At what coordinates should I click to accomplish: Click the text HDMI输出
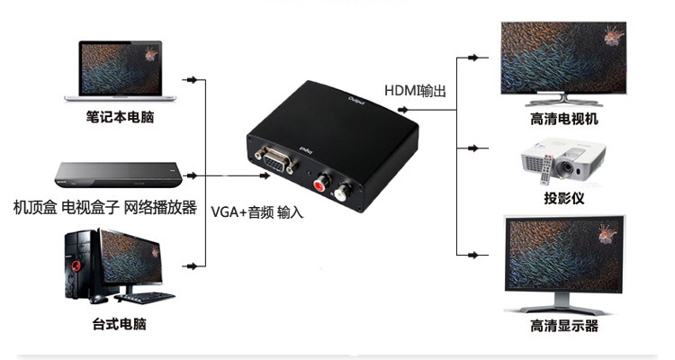coord(417,91)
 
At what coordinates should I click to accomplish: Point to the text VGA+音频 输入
coord(257,212)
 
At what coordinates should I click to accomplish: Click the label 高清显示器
coord(564,326)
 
